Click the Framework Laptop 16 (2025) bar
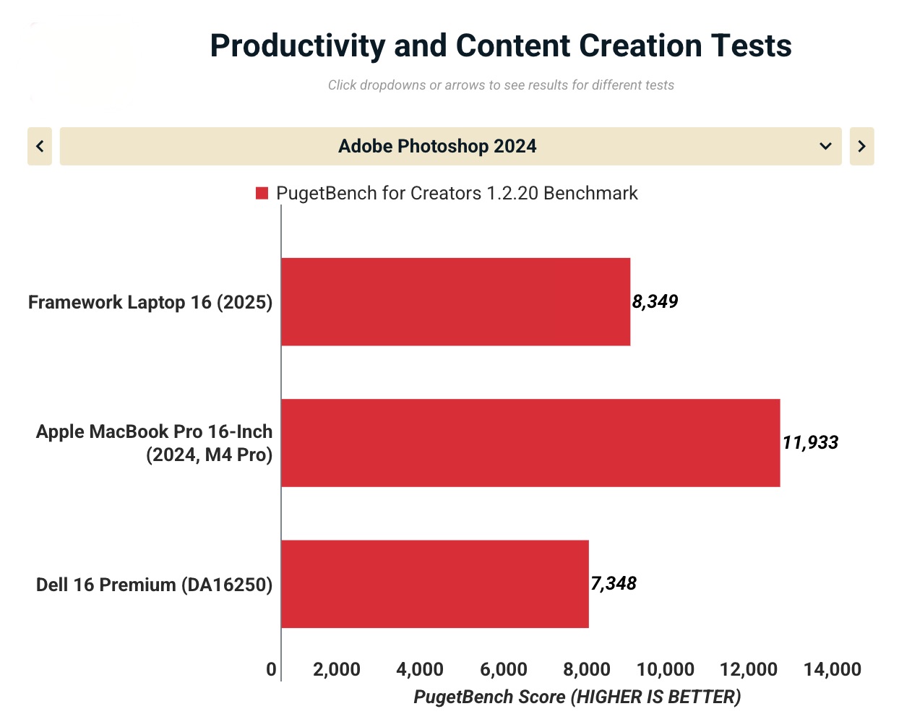tap(455, 302)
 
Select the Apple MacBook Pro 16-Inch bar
tap(530, 443)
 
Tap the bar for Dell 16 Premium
tap(434, 584)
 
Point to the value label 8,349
tap(655, 301)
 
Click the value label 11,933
tap(810, 442)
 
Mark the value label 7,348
tap(614, 583)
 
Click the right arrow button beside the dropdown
tap(861, 146)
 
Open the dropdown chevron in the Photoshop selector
tap(825, 146)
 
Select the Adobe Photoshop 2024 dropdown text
tap(437, 146)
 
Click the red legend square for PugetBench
tap(262, 193)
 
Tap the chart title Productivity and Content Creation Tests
tap(500, 46)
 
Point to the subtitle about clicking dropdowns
tap(500, 85)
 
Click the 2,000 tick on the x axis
tap(337, 669)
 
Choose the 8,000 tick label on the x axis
tap(587, 669)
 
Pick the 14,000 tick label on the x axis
tap(832, 669)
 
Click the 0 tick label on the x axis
tap(271, 669)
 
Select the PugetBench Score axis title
tap(577, 697)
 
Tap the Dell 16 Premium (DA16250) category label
tap(154, 584)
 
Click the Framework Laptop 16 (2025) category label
tap(150, 302)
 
